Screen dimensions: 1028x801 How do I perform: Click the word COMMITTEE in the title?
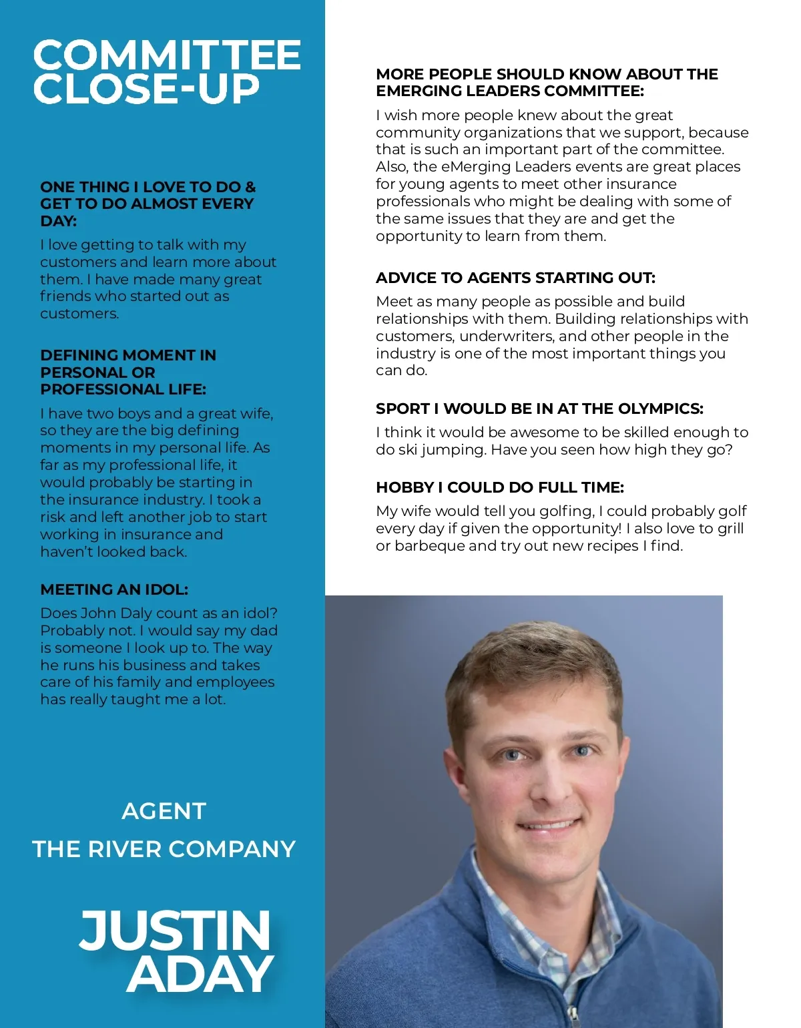coord(167,55)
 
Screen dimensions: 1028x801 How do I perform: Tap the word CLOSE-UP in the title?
coord(146,89)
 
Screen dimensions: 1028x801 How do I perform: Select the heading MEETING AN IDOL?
coord(114,589)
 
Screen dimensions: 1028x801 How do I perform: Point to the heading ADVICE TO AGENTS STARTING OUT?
coord(515,278)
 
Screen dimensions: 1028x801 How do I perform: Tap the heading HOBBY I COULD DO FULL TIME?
coord(499,487)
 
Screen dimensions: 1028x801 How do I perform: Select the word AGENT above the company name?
coord(164,811)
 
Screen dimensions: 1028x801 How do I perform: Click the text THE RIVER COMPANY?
coord(164,849)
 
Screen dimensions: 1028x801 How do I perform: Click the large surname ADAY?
coord(200,975)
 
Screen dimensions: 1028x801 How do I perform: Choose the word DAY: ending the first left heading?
coord(59,221)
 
